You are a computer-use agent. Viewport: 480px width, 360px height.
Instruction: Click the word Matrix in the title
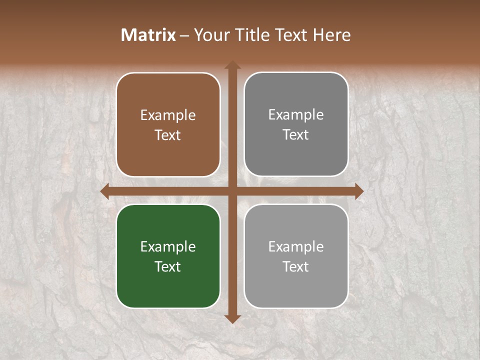click(148, 35)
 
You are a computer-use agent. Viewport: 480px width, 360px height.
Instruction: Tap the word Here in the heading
click(332, 35)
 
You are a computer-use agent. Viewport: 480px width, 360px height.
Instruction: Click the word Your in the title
click(210, 35)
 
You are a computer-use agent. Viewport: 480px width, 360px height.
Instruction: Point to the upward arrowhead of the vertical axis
click(232, 65)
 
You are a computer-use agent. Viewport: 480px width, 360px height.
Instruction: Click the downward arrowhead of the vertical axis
click(232, 318)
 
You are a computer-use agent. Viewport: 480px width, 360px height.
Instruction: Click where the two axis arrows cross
click(232, 191)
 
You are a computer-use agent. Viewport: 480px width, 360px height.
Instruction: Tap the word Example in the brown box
click(168, 115)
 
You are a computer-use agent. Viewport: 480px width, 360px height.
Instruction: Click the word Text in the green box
click(168, 266)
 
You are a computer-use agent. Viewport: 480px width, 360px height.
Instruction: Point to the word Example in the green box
click(168, 246)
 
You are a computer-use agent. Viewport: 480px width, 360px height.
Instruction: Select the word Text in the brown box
click(168, 135)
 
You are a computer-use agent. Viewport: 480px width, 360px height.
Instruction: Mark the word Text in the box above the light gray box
click(296, 134)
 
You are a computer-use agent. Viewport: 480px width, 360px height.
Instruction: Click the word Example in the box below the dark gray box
click(296, 246)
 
